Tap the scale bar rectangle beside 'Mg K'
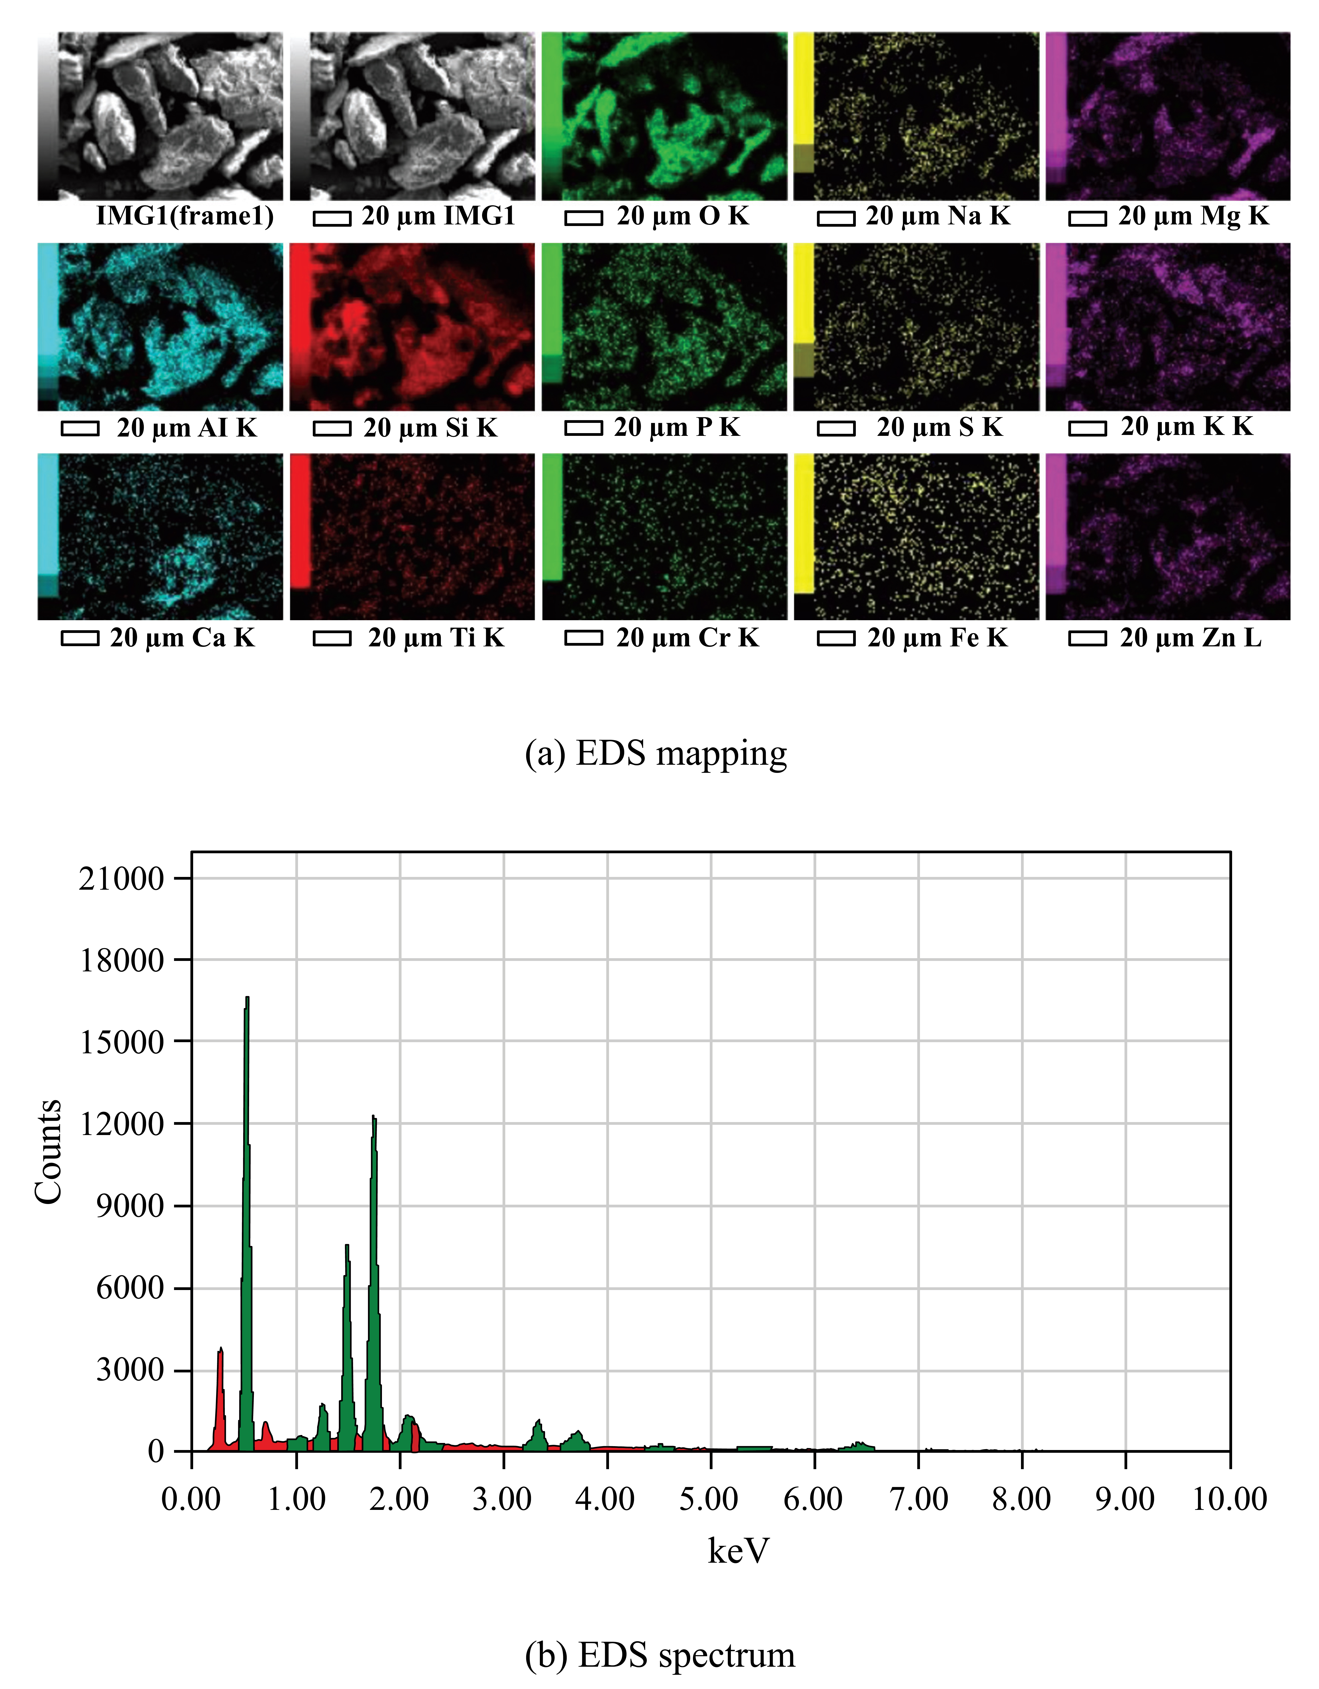1087,219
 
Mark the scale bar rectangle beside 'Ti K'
332,639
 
